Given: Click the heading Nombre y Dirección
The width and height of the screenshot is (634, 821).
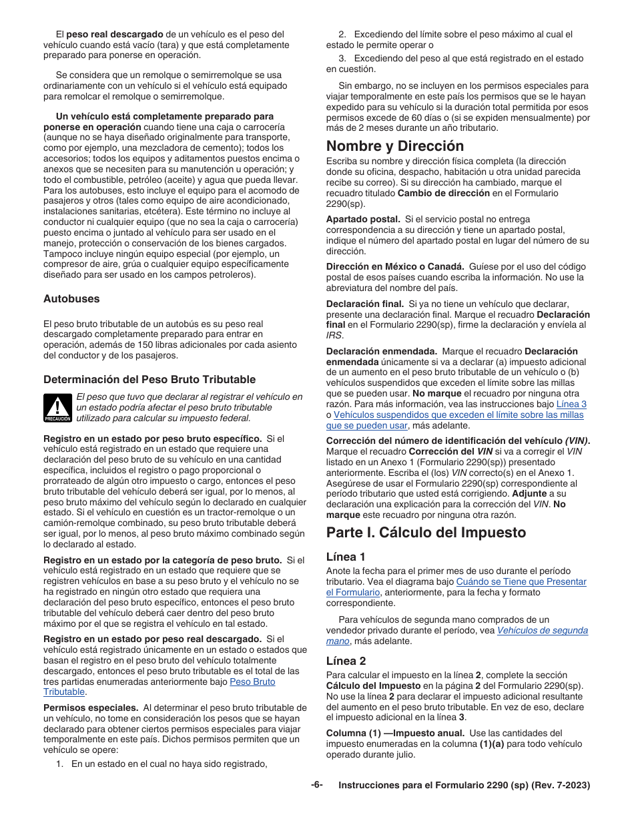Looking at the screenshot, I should click(394, 146).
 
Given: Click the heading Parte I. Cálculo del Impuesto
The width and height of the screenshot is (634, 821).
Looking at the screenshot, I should click(426, 532).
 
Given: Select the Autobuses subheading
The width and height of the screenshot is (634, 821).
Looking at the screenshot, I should click(71, 298).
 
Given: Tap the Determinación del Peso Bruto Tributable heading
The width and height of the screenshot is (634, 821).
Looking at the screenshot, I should click(149, 379).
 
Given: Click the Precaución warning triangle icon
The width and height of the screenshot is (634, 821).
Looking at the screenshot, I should click(57, 407).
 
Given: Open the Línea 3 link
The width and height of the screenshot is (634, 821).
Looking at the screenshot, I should click(571, 404).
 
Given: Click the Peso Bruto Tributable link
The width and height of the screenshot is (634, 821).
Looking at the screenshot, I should click(252, 681).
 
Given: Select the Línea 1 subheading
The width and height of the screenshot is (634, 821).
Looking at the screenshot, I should click(346, 557).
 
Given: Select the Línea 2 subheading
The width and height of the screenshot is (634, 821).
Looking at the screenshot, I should click(346, 661).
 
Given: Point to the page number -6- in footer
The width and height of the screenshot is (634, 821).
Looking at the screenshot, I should click(316, 785).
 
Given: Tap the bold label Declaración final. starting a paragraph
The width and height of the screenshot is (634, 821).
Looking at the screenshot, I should click(364, 303).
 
